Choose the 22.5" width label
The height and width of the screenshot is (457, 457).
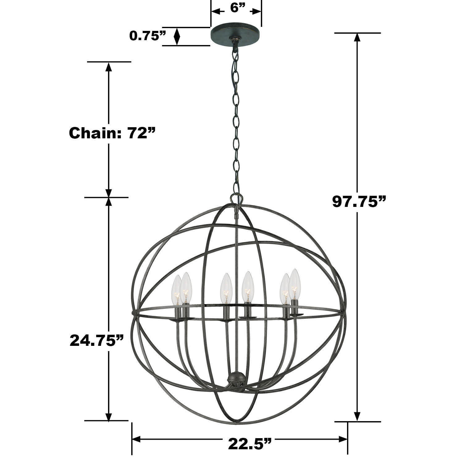coord(249,444)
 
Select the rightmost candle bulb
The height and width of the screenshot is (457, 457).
coord(295,284)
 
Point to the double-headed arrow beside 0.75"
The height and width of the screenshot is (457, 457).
coord(177,36)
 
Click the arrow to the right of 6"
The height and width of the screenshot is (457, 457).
coord(256,12)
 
